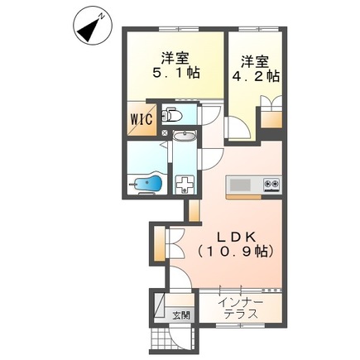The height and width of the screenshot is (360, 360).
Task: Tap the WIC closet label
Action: click(x=142, y=120)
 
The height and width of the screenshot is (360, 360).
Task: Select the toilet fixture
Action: click(x=171, y=115)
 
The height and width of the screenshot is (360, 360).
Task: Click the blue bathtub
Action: click(x=147, y=182)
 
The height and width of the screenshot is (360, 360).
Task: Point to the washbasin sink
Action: click(x=185, y=136)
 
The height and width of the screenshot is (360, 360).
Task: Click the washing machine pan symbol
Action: click(x=185, y=185)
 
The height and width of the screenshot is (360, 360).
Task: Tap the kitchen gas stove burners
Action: click(x=271, y=184)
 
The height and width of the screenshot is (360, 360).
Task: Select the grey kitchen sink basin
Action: click(x=240, y=185)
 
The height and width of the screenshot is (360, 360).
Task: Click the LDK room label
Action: click(x=236, y=238)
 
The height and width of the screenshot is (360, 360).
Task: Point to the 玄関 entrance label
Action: click(x=181, y=315)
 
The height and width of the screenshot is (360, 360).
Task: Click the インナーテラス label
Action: click(x=241, y=309)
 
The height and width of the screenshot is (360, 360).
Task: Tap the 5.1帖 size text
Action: click(x=176, y=73)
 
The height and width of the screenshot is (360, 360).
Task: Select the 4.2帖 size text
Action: click(x=256, y=76)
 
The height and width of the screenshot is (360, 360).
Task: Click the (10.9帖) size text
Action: click(x=236, y=252)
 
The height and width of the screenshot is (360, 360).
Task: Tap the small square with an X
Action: click(x=165, y=132)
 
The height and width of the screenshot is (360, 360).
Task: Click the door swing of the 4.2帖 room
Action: click(x=238, y=127)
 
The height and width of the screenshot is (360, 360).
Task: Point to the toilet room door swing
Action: click(x=210, y=114)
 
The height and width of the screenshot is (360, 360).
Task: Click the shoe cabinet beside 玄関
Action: click(x=159, y=307)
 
